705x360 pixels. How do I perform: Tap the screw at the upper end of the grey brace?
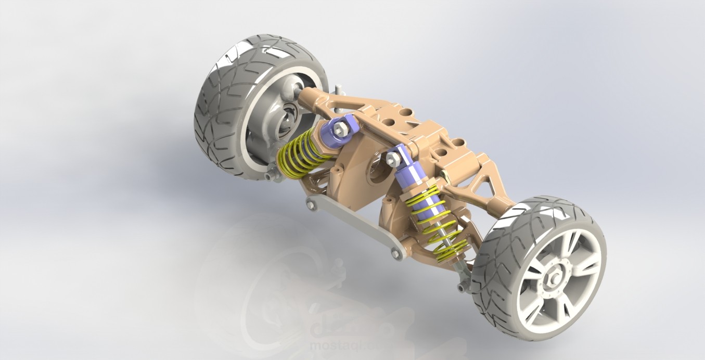(x=312, y=204)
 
